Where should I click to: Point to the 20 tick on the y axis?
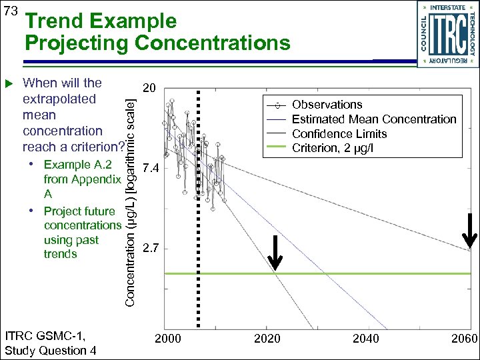click(150, 88)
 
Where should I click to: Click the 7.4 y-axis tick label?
click(151, 169)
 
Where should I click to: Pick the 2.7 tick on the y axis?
click(151, 249)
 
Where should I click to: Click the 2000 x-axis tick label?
click(167, 339)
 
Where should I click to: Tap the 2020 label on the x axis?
click(267, 339)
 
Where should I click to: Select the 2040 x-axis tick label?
click(365, 339)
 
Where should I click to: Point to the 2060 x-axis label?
click(464, 339)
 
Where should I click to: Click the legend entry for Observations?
click(327, 105)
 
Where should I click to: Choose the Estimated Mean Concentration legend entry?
click(374, 119)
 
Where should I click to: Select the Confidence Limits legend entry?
click(339, 133)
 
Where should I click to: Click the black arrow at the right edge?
click(469, 231)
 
